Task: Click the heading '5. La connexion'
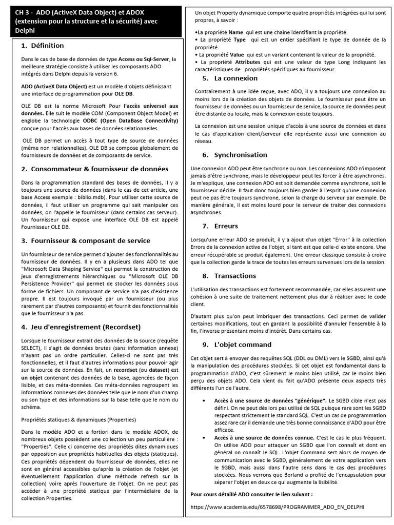[230, 78]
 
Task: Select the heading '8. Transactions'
[228, 275]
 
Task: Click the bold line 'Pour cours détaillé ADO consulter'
[251, 494]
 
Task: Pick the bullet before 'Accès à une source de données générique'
[205, 399]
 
